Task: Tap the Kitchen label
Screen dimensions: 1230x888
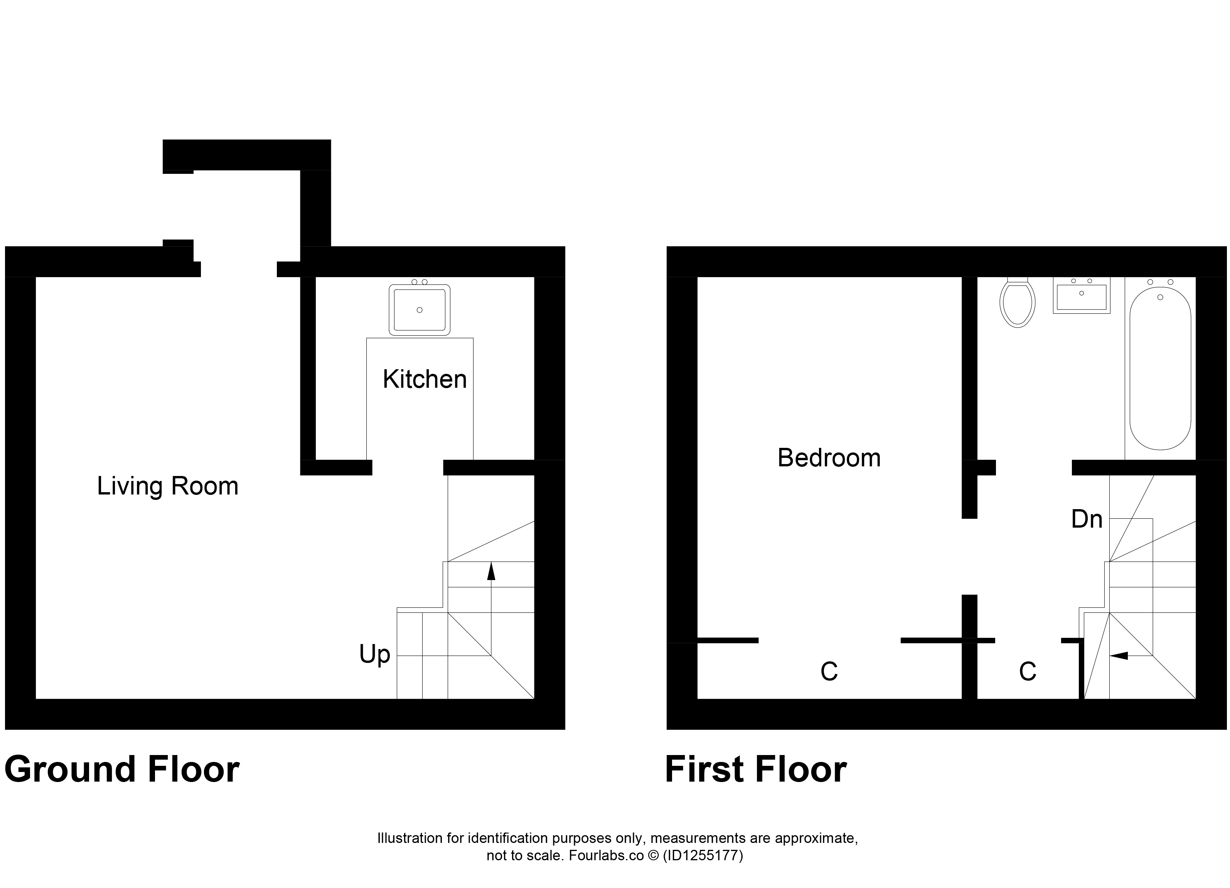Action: tap(425, 379)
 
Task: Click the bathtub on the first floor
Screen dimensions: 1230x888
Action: tap(1161, 368)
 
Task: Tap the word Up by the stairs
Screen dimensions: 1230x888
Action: tap(375, 655)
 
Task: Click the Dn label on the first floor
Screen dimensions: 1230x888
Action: tap(1087, 520)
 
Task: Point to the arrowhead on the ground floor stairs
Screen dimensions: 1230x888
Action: tap(491, 571)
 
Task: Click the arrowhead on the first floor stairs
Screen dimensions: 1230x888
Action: tap(1119, 656)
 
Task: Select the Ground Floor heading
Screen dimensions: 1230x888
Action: tap(122, 769)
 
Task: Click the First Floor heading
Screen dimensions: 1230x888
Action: tap(755, 769)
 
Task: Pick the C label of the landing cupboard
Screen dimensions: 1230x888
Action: tap(1028, 672)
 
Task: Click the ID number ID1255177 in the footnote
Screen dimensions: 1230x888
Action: tap(703, 856)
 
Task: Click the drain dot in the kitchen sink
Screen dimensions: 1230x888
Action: tap(419, 310)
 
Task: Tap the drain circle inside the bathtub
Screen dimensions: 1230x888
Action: tap(1160, 297)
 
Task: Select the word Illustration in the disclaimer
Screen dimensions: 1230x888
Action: tap(409, 838)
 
